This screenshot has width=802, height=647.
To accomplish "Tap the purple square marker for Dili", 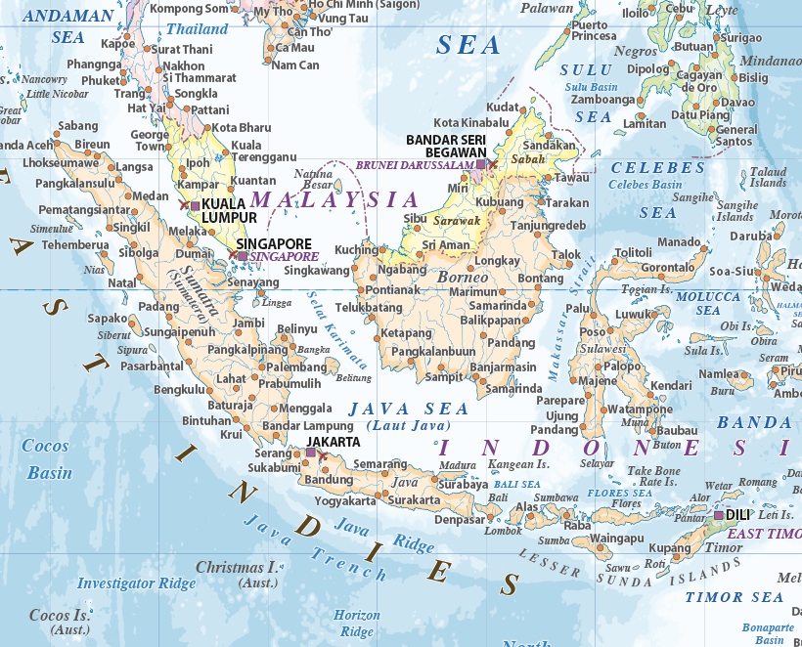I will [x=719, y=515].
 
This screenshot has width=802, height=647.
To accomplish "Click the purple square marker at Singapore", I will [x=243, y=255].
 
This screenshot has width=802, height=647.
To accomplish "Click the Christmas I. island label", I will [x=237, y=567].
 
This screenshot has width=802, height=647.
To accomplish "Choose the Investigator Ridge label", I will [x=137, y=583].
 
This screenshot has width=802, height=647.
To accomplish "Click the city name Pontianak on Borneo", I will [x=393, y=290].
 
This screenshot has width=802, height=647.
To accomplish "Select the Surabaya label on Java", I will [x=463, y=484].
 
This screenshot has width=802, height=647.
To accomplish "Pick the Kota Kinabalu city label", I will [x=471, y=123].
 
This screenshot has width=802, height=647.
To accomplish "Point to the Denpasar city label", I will [x=460, y=520].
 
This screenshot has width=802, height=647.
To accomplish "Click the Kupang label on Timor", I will [x=668, y=548].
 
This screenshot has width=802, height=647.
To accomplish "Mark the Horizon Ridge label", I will [x=356, y=624].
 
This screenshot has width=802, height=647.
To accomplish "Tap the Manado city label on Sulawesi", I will [x=679, y=241].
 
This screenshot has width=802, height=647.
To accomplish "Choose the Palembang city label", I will [x=291, y=367].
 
